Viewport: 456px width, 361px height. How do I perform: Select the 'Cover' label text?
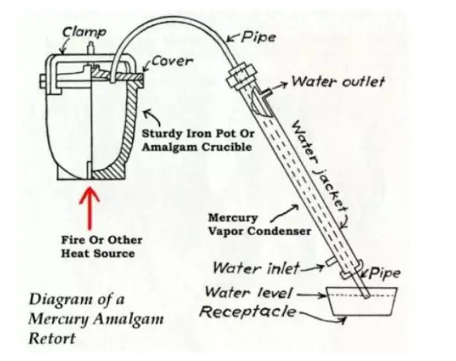coord(172,61)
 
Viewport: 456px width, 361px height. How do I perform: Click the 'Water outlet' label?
coord(337,82)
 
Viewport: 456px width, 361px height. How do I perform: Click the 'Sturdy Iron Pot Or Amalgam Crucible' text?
coord(197,140)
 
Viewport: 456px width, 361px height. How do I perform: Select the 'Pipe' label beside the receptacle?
coord(386,273)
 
